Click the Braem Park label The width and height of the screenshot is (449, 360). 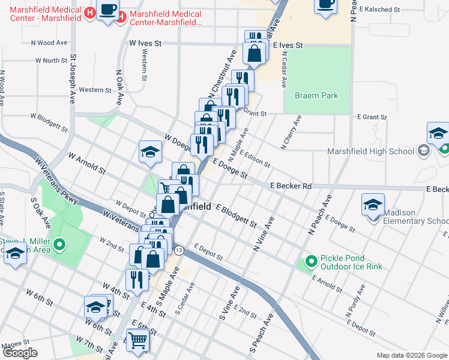(x=316, y=95)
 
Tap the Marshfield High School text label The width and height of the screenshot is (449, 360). (x=371, y=151)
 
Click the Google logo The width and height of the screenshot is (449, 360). (x=20, y=353)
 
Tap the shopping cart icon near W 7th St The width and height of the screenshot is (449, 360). (x=138, y=340)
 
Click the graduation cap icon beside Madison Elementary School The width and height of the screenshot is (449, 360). (x=373, y=204)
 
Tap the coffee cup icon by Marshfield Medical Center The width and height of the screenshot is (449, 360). (x=108, y=10)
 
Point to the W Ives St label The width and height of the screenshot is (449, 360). (x=146, y=44)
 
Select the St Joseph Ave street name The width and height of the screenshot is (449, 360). (x=73, y=79)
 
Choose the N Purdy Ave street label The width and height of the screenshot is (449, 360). (x=355, y=301)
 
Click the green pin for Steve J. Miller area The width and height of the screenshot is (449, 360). (x=59, y=245)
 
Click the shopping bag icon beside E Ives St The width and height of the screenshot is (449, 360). (x=255, y=53)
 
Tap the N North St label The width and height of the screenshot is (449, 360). (x=51, y=61)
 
